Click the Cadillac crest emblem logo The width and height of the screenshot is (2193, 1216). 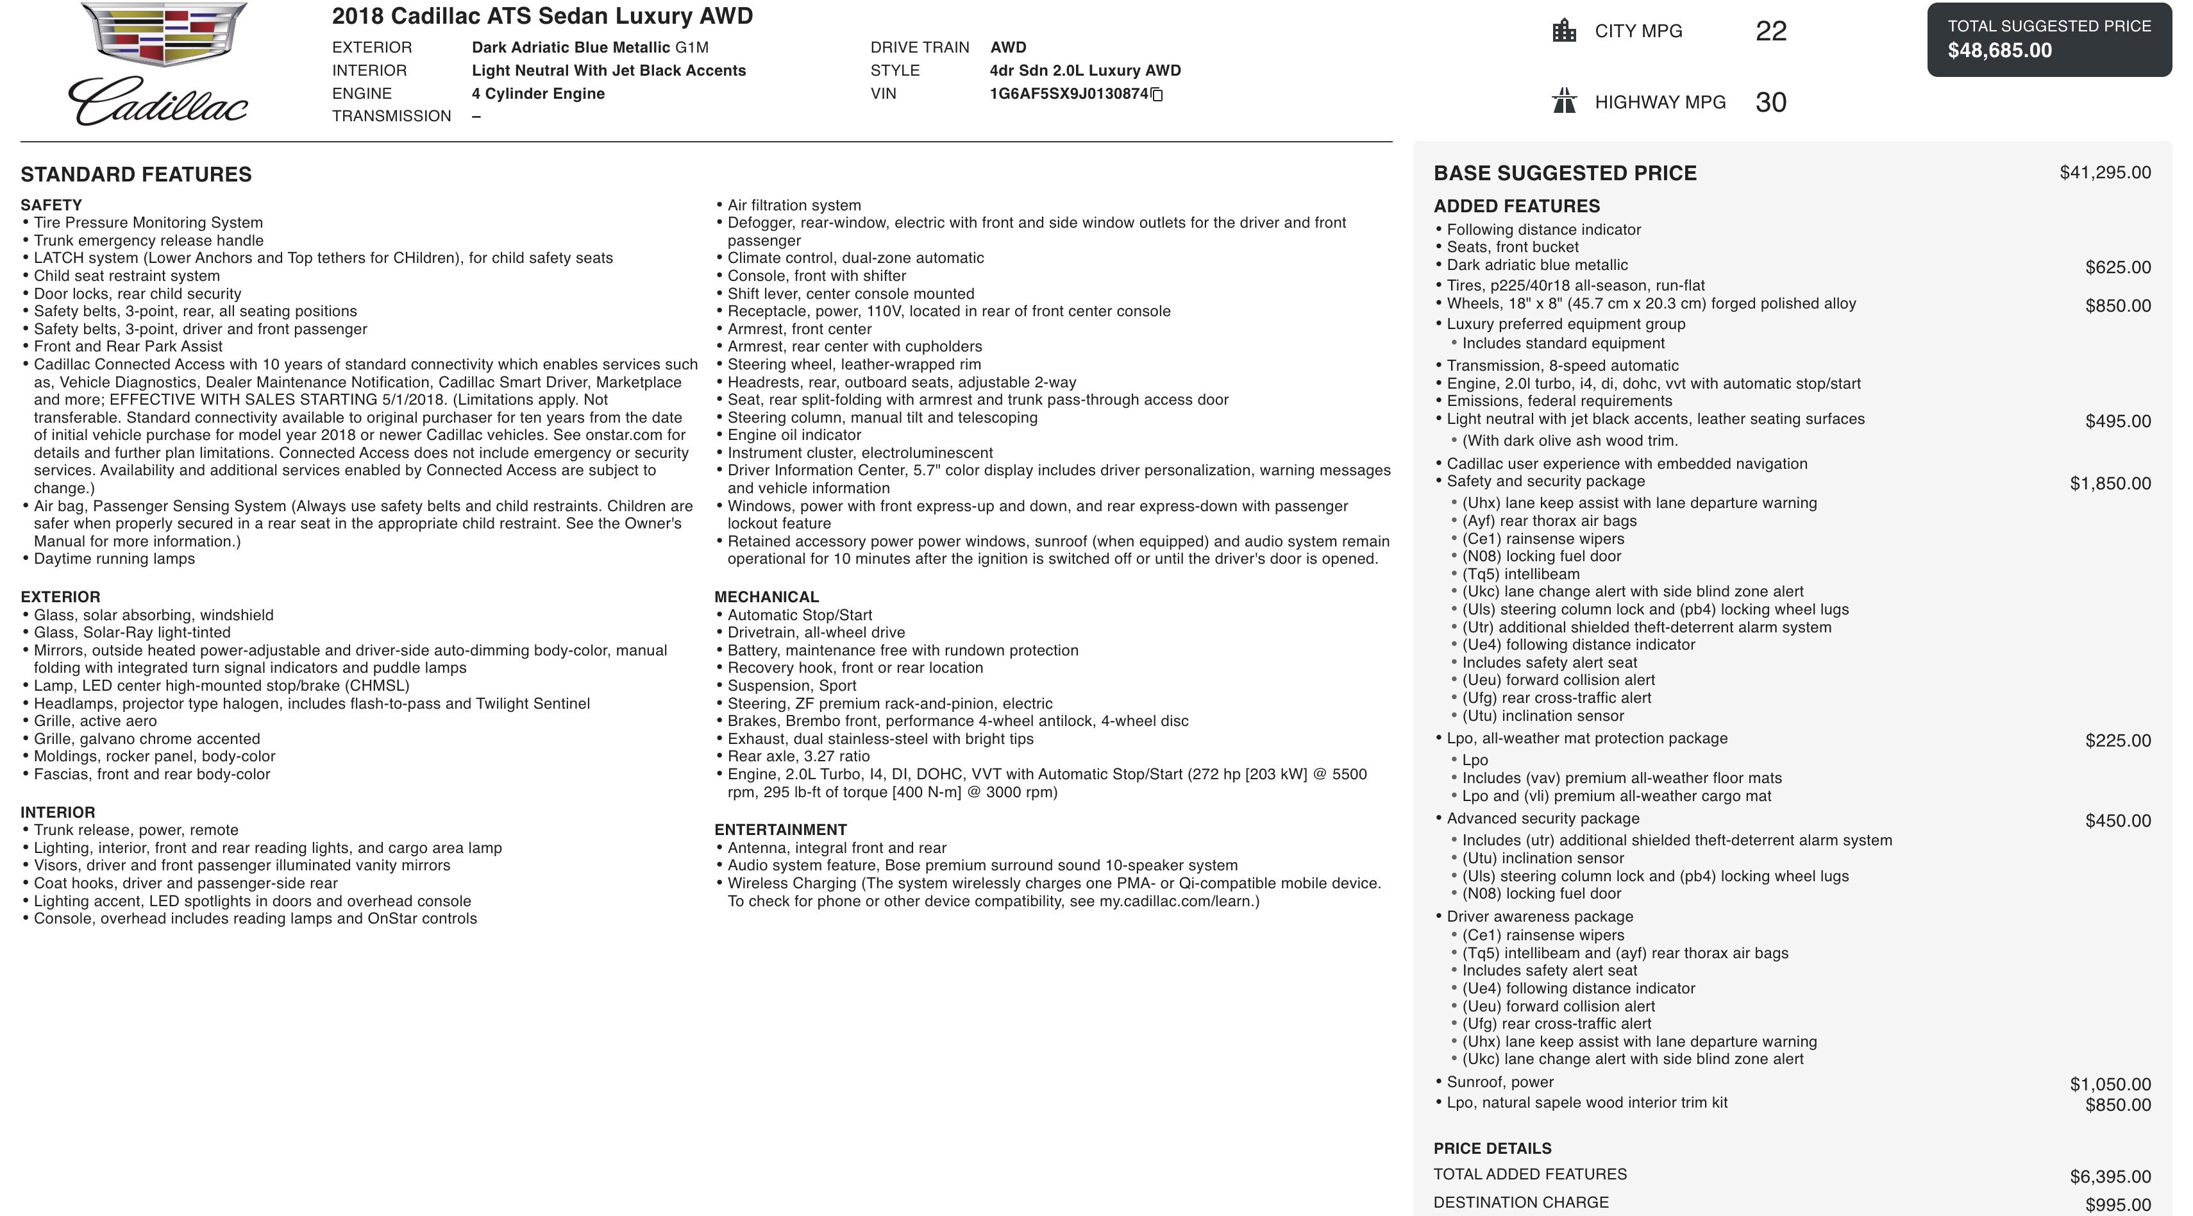click(x=164, y=34)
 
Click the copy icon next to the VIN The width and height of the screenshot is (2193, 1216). click(x=1157, y=94)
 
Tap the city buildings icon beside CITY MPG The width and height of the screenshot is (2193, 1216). click(x=1564, y=31)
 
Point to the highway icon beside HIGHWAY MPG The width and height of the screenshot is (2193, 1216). click(x=1564, y=101)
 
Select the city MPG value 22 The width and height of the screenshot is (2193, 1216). click(x=1770, y=31)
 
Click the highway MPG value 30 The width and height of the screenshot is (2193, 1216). click(x=1770, y=102)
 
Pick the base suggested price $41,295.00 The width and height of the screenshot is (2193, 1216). click(x=2105, y=173)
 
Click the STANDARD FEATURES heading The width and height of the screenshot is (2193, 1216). click(x=136, y=174)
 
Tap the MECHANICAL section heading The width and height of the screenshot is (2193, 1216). click(x=766, y=597)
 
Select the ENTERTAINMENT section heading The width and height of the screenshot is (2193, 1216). click(x=780, y=829)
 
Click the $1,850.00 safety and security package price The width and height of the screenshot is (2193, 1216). click(x=2110, y=484)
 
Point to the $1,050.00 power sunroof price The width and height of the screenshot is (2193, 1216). click(x=2110, y=1084)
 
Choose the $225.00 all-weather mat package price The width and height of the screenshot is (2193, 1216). click(x=2117, y=741)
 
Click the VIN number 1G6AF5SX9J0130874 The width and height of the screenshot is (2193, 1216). click(x=1068, y=94)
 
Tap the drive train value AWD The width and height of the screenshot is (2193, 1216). click(x=1008, y=47)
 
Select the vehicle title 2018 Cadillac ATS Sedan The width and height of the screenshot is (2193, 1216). click(x=542, y=16)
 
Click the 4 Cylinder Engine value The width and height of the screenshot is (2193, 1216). click(x=538, y=94)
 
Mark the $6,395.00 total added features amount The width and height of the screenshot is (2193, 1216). click(x=2110, y=1177)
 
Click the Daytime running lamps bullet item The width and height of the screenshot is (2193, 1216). click(x=114, y=559)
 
